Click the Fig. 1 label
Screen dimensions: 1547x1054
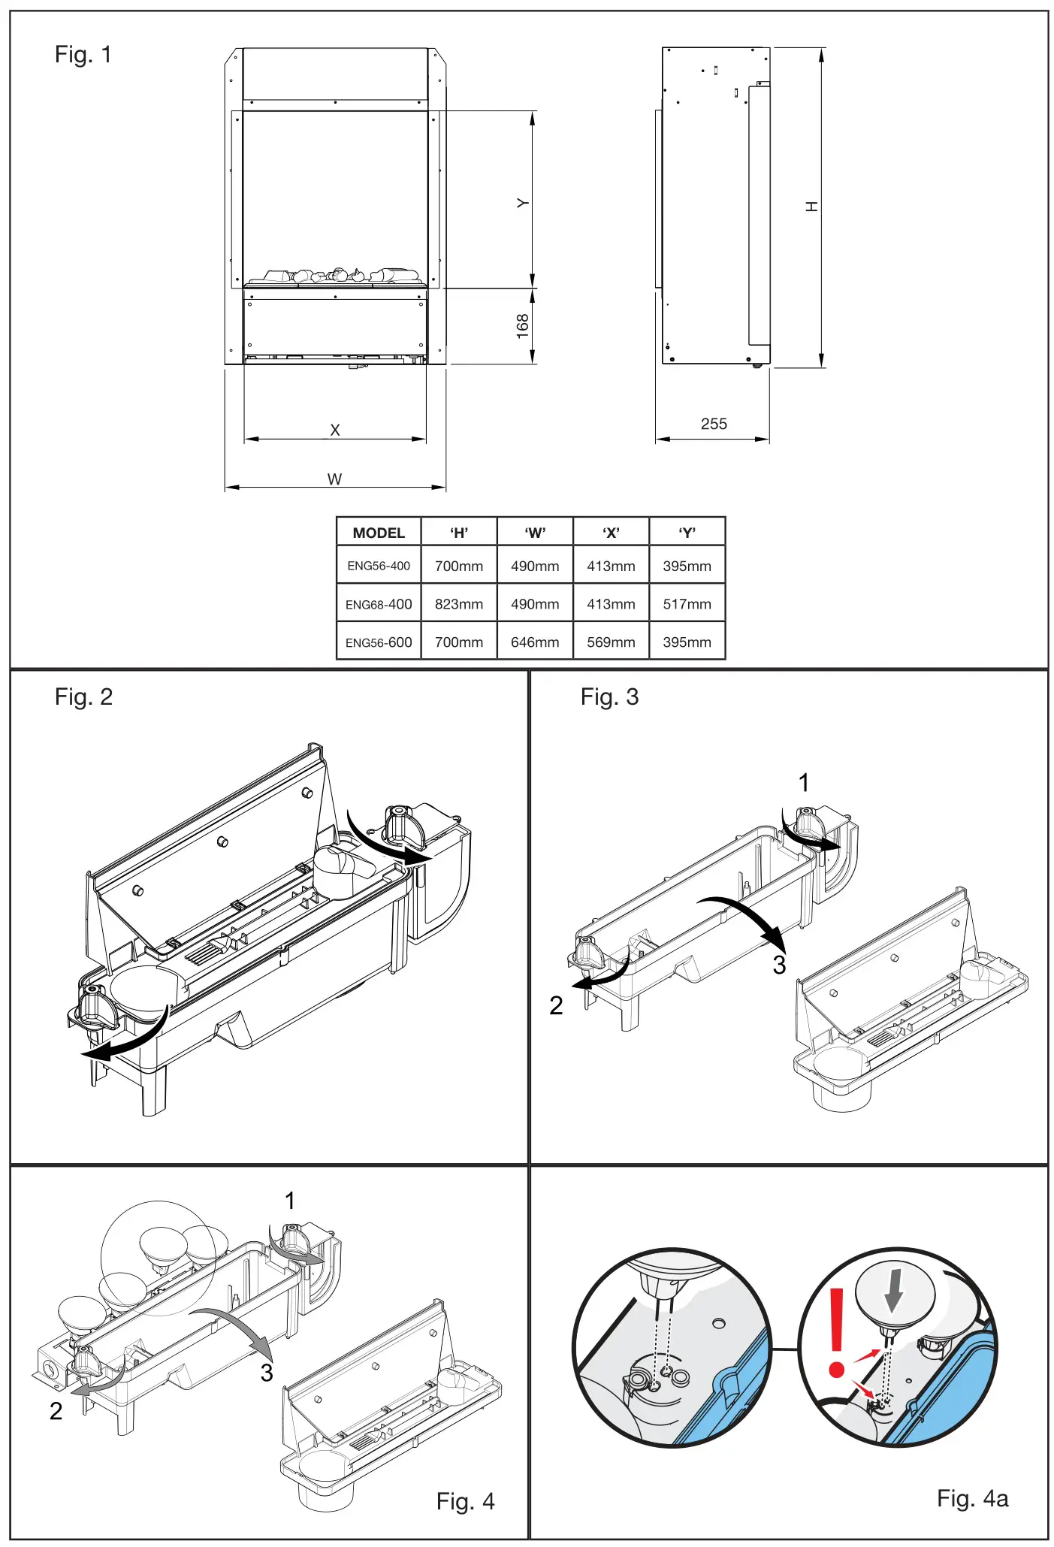click(x=83, y=55)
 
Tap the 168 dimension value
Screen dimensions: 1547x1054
click(x=523, y=326)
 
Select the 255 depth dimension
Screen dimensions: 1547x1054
click(x=713, y=424)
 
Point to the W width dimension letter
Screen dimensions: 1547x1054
click(x=334, y=479)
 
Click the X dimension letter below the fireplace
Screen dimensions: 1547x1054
click(x=335, y=430)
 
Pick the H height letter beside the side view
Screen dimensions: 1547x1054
click(x=811, y=206)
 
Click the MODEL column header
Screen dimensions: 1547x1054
click(x=379, y=533)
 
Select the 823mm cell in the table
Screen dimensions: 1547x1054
click(x=458, y=604)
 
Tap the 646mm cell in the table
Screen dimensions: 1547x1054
click(x=534, y=642)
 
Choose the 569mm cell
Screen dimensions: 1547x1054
click(x=610, y=642)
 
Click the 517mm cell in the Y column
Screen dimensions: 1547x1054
click(x=687, y=604)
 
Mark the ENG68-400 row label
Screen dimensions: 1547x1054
click(x=379, y=604)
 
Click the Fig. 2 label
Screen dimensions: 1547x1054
click(x=83, y=697)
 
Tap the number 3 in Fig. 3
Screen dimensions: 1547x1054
click(x=779, y=965)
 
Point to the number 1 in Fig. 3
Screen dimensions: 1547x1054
click(x=804, y=783)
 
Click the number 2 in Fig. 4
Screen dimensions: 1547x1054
click(x=56, y=1411)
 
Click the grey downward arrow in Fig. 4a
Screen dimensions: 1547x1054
click(x=893, y=1290)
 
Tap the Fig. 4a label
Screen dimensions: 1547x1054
click(x=972, y=1498)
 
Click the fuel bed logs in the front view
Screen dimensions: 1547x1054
click(x=334, y=276)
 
